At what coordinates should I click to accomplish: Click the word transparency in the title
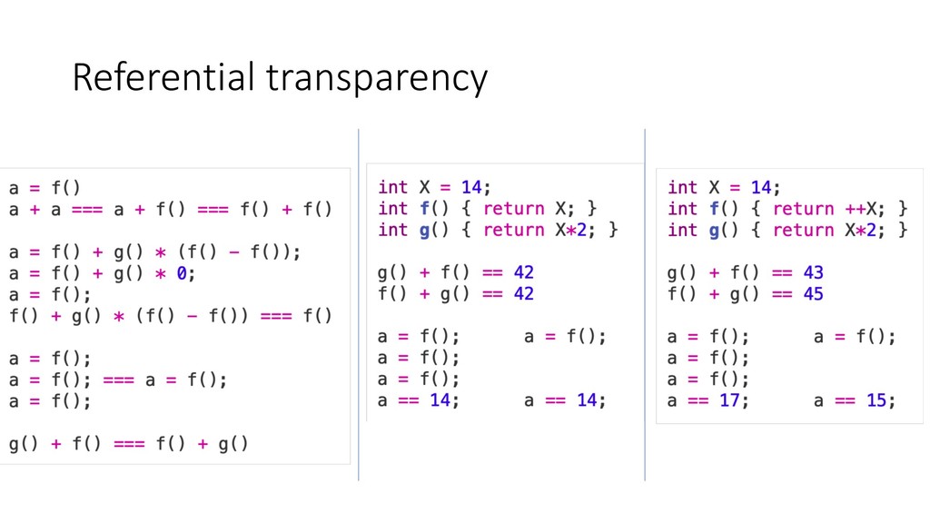[x=376, y=80]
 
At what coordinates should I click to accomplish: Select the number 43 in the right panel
[x=815, y=272]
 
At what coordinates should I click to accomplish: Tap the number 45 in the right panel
[x=815, y=294]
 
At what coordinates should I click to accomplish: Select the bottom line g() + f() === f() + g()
[x=129, y=444]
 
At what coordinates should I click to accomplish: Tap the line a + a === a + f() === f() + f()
[x=171, y=210]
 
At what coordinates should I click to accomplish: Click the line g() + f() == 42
[x=456, y=272]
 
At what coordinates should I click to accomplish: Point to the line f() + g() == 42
[x=456, y=294]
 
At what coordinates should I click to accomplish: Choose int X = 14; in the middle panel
[x=434, y=188]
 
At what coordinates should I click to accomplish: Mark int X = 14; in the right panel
[x=724, y=188]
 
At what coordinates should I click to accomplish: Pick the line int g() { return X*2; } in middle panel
[x=497, y=231]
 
